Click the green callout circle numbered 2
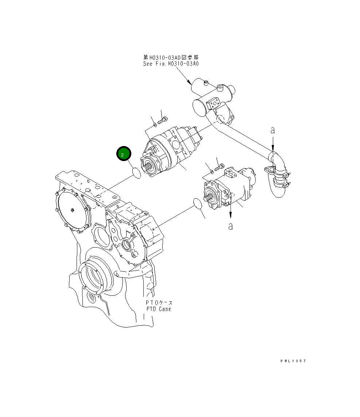tap(123, 154)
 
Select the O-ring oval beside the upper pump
tap(136, 173)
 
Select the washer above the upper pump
tap(155, 125)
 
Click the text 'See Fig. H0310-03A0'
tap(171, 64)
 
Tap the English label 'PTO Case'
tap(158, 309)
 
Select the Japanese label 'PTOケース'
tap(159, 303)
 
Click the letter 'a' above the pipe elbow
tap(272, 130)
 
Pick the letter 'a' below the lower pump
tap(231, 226)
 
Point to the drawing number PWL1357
tap(293, 361)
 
